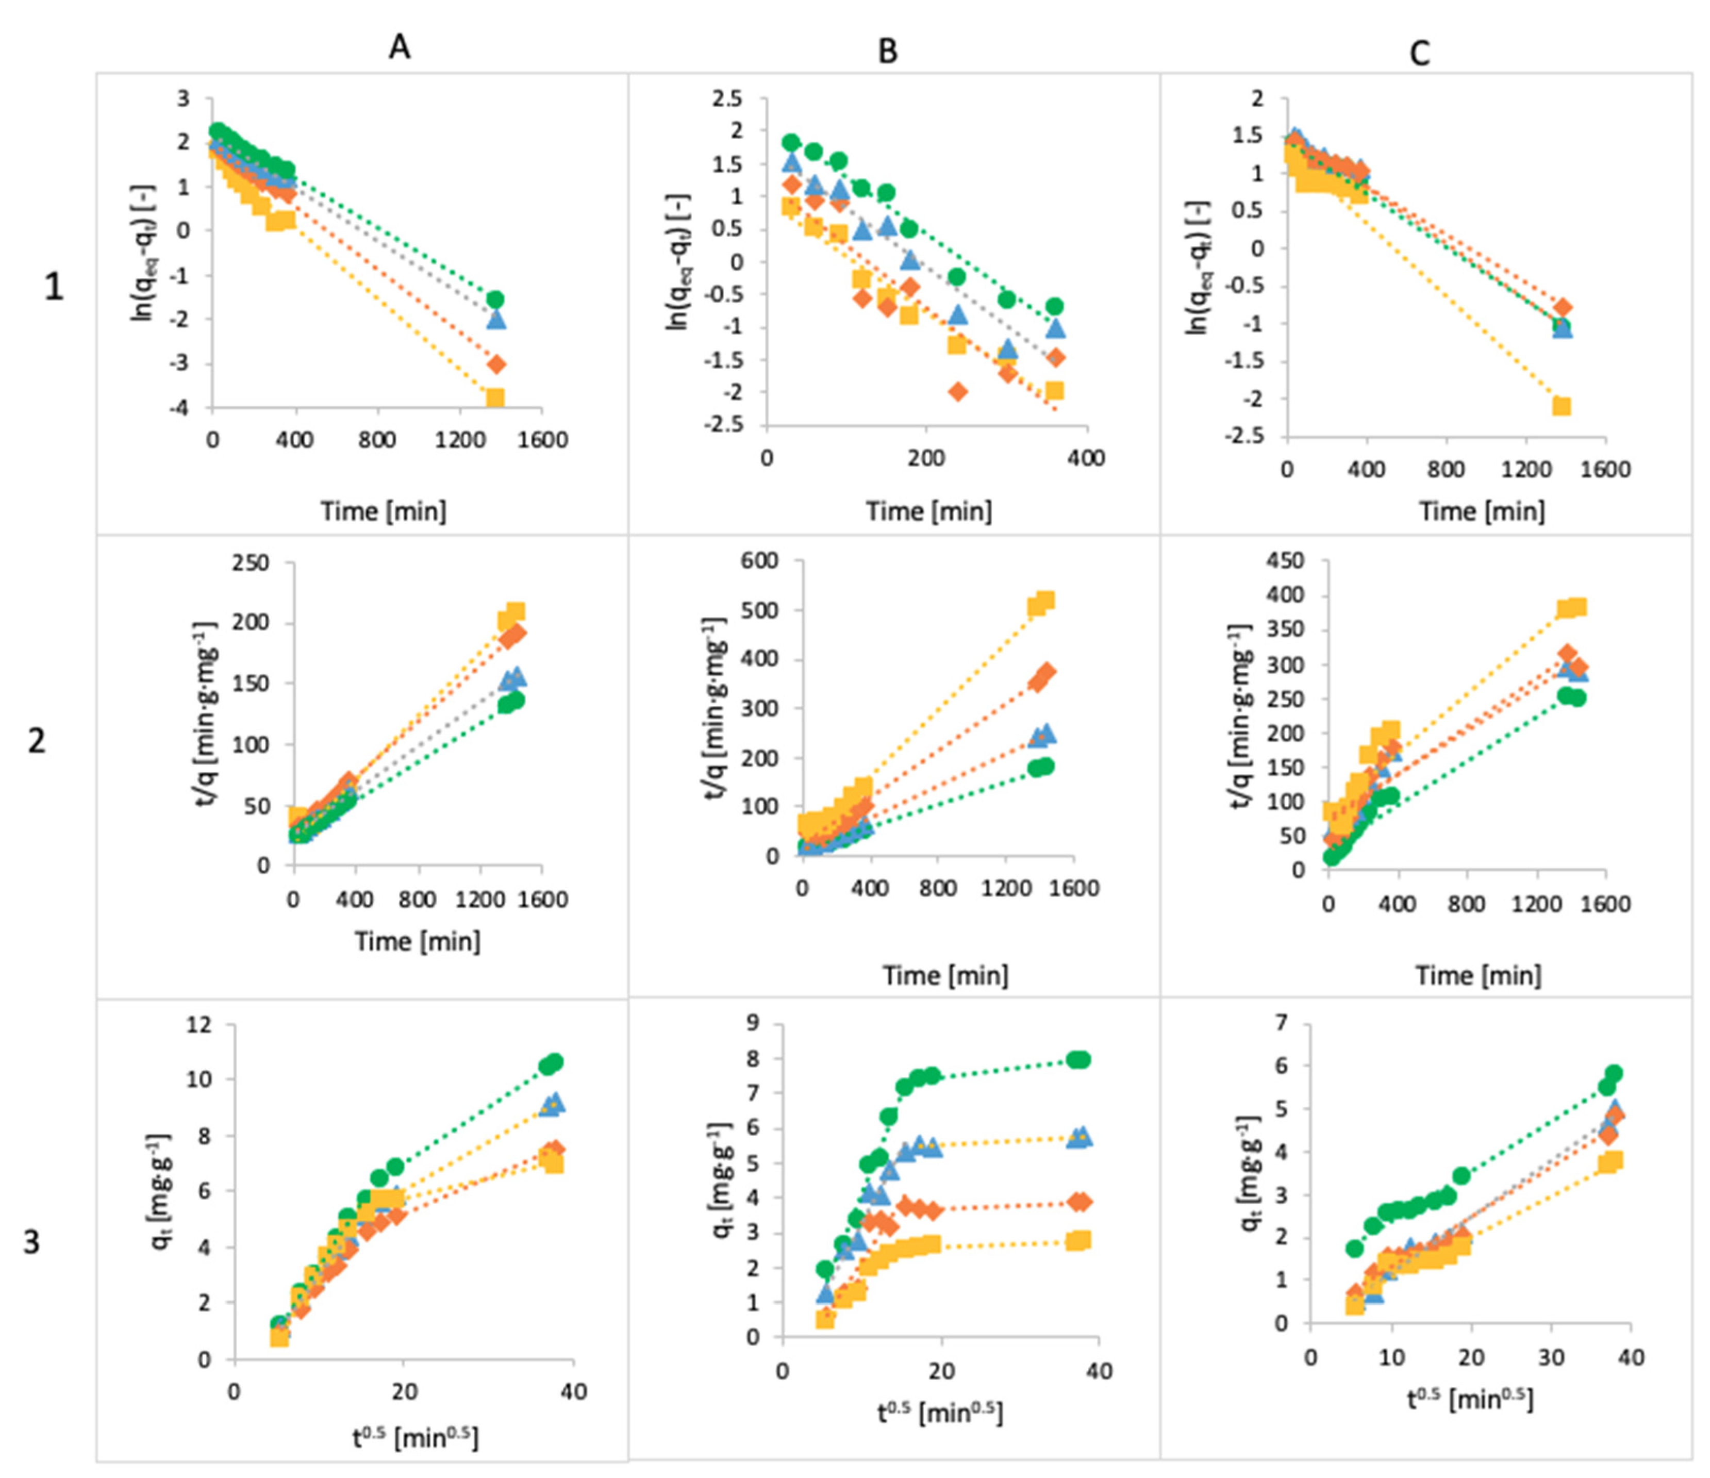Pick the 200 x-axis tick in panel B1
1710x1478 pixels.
926,458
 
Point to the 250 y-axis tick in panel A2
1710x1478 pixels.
251,563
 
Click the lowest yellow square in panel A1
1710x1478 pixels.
494,398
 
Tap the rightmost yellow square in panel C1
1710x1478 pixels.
1560,406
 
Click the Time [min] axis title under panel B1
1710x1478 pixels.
928,511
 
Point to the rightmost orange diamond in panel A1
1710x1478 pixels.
496,364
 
